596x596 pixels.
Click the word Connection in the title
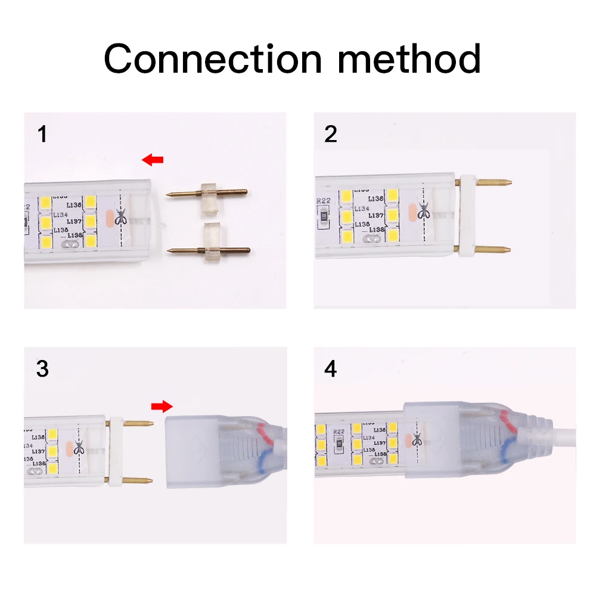coord(212,58)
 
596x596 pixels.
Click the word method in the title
coord(411,58)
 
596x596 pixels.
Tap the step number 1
coord(42,134)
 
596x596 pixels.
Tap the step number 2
coord(331,134)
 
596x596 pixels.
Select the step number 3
coord(42,369)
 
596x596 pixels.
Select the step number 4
coord(331,369)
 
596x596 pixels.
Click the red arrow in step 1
coord(153,159)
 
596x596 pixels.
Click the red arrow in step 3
coord(161,406)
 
